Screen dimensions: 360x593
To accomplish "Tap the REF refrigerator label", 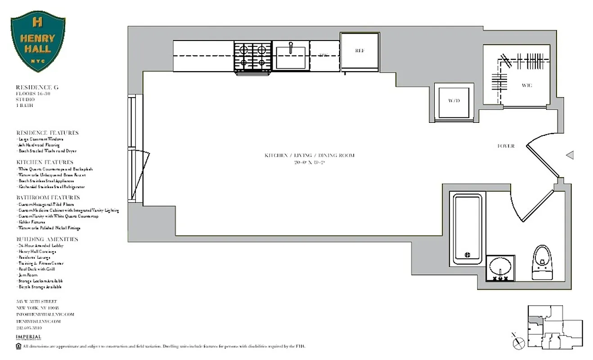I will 359,51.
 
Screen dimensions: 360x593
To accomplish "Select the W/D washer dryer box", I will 454,101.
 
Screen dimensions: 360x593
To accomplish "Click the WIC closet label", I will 527,85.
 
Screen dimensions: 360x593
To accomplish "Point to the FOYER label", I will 506,146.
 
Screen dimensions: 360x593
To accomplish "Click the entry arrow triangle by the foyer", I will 570,155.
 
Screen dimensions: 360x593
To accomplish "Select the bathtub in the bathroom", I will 467,229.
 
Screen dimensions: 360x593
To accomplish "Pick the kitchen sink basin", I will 290,57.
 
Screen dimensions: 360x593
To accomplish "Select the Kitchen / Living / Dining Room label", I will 309,156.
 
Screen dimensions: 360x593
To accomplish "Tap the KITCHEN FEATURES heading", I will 45,162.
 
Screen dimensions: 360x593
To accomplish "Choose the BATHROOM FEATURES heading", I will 48,198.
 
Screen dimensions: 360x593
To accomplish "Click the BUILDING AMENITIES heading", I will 47,239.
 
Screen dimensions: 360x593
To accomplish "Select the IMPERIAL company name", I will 28,337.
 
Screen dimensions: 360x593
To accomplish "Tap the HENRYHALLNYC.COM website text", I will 38,321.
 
